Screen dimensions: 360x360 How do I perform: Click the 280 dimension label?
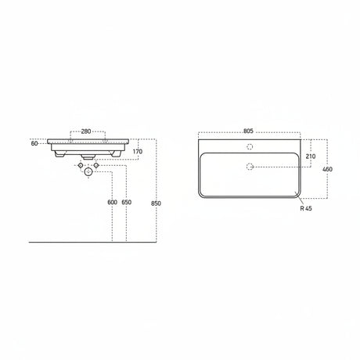click(x=86, y=131)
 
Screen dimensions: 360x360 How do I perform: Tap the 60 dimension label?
click(x=34, y=143)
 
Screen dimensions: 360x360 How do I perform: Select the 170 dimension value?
click(x=138, y=151)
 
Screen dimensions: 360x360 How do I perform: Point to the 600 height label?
click(x=112, y=202)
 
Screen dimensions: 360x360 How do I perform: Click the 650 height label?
click(x=127, y=202)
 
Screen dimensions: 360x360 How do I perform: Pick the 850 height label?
click(x=156, y=203)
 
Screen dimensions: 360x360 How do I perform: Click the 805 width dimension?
click(x=248, y=131)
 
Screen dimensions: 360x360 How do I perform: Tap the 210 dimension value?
click(x=311, y=157)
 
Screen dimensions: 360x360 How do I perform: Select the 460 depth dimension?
click(x=327, y=169)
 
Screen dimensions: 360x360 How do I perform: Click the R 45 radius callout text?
click(x=306, y=208)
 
